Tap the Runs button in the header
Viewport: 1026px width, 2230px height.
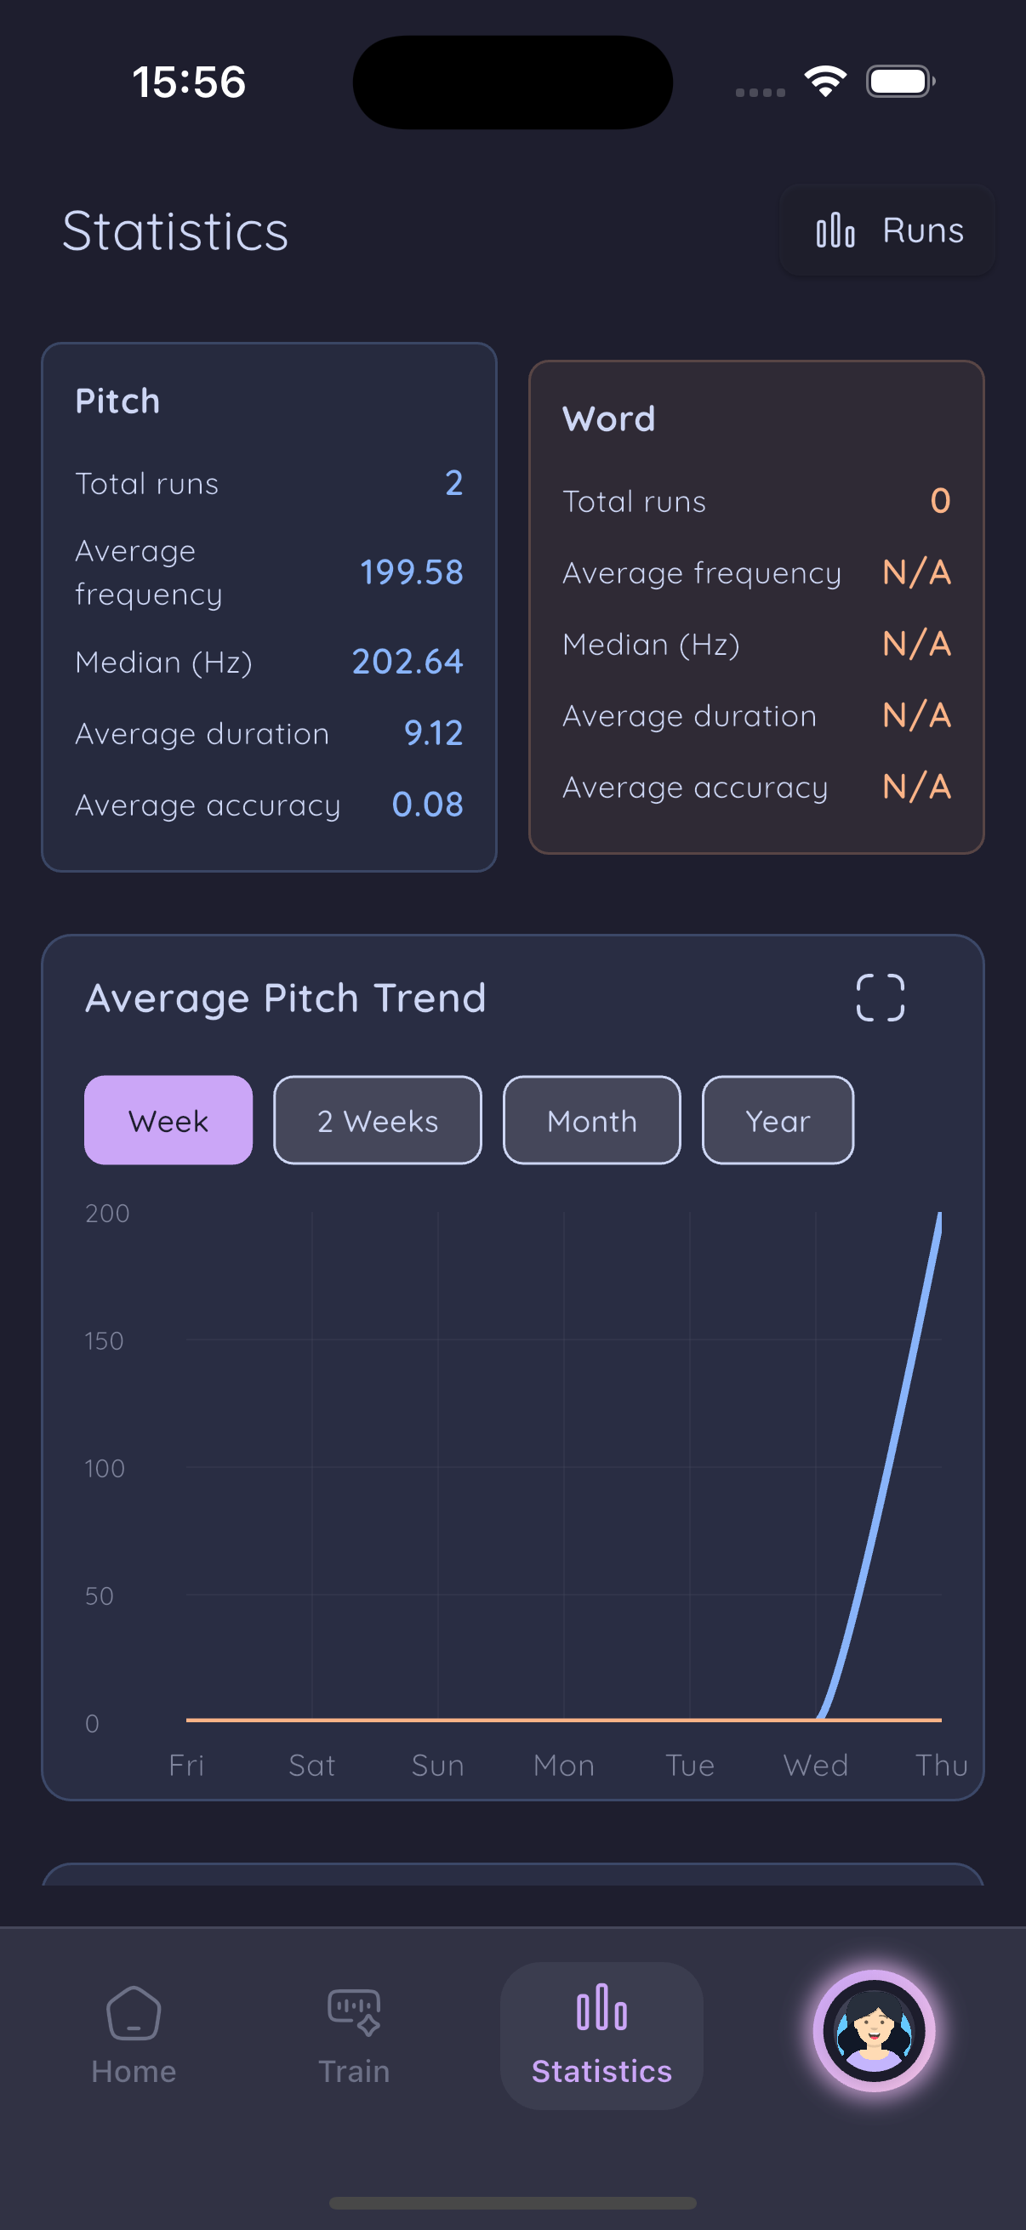tap(888, 230)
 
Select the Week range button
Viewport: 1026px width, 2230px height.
tap(168, 1120)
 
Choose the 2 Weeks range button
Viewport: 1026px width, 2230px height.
tap(378, 1120)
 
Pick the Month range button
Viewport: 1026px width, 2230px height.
tap(591, 1120)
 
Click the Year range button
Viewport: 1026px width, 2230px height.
tap(778, 1120)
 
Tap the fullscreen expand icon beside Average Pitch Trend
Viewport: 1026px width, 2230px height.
tap(880, 998)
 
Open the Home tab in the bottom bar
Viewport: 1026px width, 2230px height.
tap(134, 2034)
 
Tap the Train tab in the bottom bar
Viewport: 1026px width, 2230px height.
tap(354, 2034)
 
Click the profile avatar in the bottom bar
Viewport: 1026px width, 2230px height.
tap(874, 2031)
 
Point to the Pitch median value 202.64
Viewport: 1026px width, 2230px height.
tap(407, 662)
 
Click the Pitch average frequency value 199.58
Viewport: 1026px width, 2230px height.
tap(411, 572)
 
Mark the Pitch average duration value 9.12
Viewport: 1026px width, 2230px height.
tap(433, 733)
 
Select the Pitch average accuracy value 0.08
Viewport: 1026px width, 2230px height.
tap(427, 805)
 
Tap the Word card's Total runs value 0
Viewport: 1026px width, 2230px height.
tap(940, 500)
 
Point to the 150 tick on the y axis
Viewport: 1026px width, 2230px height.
tap(104, 1341)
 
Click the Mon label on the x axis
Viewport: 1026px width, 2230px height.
tap(564, 1765)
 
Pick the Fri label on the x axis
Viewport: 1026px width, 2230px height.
tap(186, 1765)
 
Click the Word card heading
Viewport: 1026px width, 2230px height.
tap(608, 419)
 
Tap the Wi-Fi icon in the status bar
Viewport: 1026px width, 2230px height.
tap(825, 82)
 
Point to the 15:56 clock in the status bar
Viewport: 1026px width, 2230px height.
tap(189, 82)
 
